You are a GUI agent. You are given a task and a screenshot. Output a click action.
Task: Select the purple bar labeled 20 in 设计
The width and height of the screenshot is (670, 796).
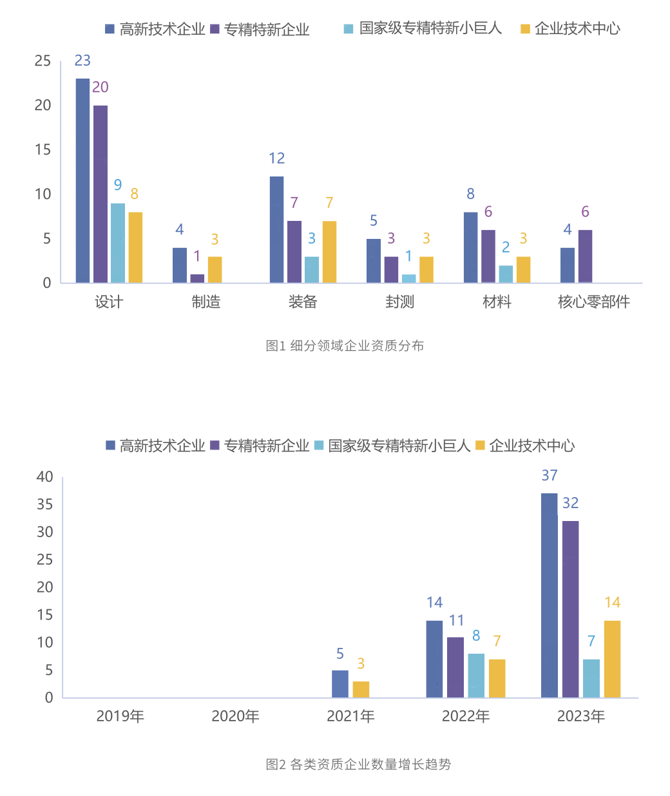coord(100,194)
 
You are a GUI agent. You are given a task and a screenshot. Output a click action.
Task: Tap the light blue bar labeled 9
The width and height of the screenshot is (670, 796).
coord(118,243)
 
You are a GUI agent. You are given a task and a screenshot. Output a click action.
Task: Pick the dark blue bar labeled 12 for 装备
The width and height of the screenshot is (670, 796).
coord(276,229)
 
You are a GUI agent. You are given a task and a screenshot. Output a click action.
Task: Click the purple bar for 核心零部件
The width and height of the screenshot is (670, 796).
coord(585,256)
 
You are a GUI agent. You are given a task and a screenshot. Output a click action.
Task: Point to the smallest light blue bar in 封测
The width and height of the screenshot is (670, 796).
coord(408,278)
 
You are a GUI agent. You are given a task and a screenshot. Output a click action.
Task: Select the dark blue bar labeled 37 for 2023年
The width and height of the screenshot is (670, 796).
coord(550,595)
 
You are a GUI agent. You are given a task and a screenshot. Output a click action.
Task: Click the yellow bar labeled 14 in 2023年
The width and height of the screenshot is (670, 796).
coord(612,659)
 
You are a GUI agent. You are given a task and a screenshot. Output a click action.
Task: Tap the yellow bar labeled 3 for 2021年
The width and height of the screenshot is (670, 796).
coord(361,689)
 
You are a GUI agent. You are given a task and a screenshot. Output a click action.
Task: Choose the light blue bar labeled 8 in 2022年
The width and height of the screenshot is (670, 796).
coord(476,676)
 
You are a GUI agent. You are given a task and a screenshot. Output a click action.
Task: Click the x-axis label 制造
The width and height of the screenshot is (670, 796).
coord(206,302)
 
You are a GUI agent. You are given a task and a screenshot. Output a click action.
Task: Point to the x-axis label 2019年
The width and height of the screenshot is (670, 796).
coord(120,716)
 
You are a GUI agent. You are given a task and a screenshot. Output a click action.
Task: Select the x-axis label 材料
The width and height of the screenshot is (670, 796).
coord(497,302)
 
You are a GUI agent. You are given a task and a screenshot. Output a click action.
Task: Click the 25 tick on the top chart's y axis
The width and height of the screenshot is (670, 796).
coord(43,61)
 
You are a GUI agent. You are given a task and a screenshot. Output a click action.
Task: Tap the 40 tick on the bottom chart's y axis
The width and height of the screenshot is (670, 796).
coord(45,477)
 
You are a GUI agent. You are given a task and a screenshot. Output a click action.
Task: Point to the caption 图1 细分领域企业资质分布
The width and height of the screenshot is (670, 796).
coord(345,346)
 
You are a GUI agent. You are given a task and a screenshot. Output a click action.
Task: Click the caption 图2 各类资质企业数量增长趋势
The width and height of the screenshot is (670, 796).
coord(358,764)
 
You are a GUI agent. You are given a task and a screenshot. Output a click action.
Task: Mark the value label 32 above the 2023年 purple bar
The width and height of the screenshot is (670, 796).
coord(570,503)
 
